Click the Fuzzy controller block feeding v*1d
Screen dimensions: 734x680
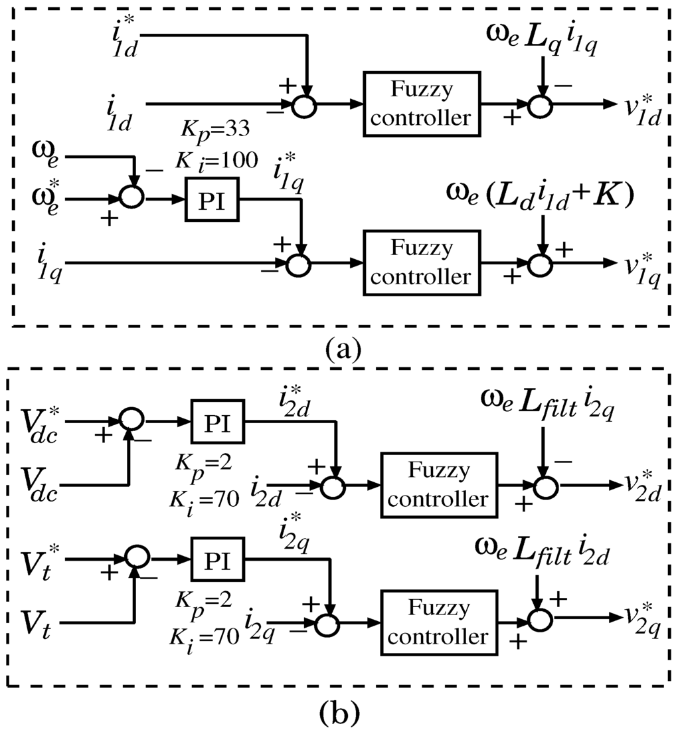(x=422, y=105)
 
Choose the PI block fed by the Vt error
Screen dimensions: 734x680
(x=217, y=559)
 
